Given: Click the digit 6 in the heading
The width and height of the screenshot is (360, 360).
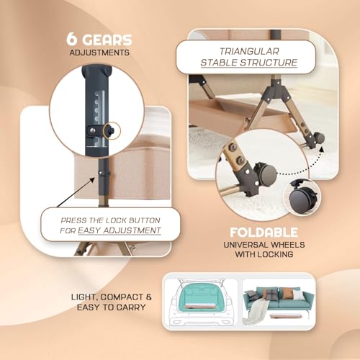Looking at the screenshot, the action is point(71,39).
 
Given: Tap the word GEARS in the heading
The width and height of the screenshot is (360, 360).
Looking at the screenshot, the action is point(107,40).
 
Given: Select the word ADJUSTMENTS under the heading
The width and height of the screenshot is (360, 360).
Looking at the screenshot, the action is point(99,53).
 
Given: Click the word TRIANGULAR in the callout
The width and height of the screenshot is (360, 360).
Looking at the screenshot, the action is point(249,51).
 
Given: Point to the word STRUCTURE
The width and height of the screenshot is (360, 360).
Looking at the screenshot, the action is point(269,63).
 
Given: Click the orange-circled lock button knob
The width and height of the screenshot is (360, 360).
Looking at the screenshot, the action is point(112,131).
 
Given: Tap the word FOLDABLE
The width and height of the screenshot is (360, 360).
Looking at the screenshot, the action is point(264,233).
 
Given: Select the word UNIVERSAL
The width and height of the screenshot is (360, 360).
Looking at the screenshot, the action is point(245,245).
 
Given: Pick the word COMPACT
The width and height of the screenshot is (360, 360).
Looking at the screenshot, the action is point(122,297).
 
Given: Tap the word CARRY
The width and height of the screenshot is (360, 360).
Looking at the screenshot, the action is point(132,307).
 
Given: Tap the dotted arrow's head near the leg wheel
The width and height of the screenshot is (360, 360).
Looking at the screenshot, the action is point(322,149).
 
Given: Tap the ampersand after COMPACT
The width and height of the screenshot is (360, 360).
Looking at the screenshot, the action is point(148,297).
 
